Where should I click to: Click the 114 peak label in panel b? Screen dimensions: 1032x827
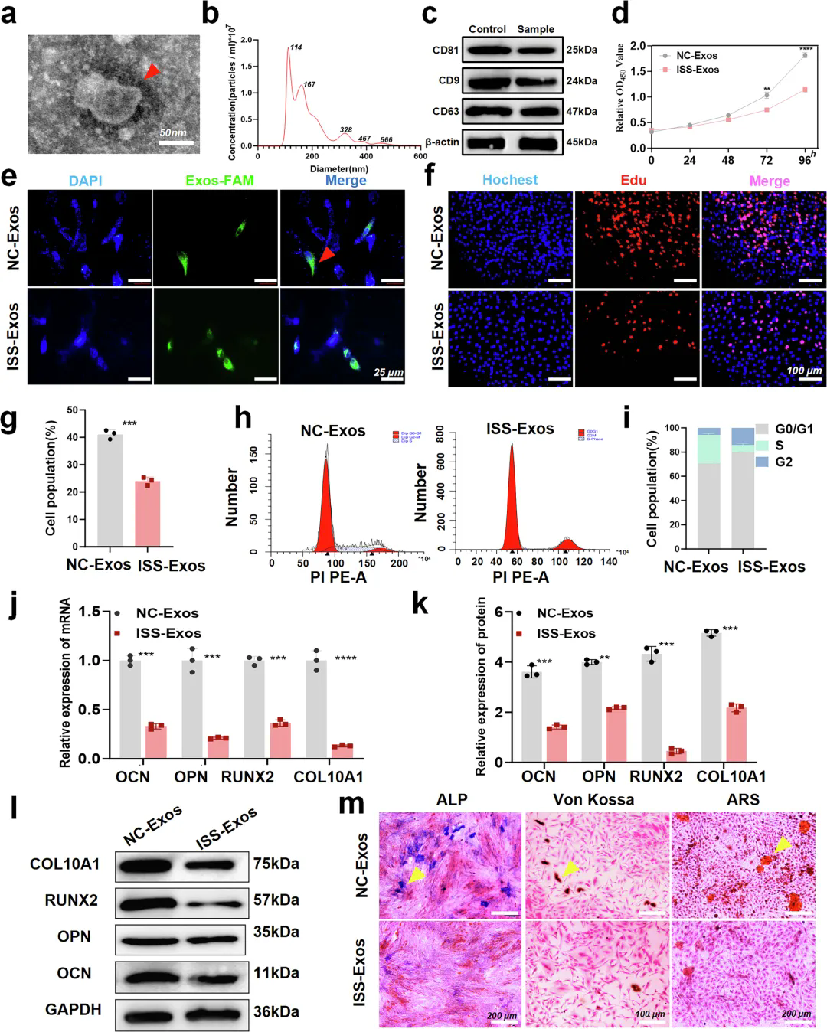[296, 47]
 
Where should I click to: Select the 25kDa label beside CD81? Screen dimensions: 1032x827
[581, 50]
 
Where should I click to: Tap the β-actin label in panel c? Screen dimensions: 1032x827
[442, 142]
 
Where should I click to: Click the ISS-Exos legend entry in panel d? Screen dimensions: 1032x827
[697, 70]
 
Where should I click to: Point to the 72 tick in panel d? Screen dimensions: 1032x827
[766, 160]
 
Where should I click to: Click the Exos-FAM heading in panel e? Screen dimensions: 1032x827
[219, 181]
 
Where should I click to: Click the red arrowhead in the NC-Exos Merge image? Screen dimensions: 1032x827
[327, 254]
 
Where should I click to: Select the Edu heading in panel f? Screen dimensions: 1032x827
[633, 181]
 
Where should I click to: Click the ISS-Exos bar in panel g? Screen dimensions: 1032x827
[148, 513]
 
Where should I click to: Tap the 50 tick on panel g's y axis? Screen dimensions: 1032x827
[72, 410]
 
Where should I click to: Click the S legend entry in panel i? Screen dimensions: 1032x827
[779, 445]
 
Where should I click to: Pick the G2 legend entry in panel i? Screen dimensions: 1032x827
[783, 462]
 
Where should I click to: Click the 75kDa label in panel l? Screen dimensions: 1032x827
[276, 864]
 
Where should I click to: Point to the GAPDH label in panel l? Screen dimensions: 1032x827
[73, 1009]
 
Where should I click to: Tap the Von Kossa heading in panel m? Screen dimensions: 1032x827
[593, 799]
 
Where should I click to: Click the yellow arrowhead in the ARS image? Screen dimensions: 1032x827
[782, 844]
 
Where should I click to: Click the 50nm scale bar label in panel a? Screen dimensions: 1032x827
[173, 132]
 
